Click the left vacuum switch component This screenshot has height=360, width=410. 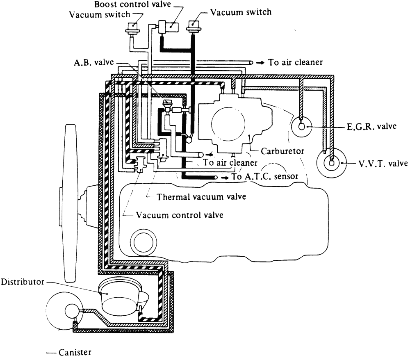click(133, 29)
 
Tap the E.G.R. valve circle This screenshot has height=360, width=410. click(302, 127)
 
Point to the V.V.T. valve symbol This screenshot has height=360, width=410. click(331, 163)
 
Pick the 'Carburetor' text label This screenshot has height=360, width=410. click(282, 151)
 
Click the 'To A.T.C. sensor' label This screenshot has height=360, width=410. click(264, 176)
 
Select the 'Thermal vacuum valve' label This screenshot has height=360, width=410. click(201, 196)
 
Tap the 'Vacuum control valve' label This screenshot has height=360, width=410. click(180, 215)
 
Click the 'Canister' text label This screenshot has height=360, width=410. click(75, 352)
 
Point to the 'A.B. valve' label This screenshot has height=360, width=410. click(94, 62)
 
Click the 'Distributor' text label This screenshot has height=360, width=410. click(23, 282)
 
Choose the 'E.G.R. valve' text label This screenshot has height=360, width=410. click(371, 127)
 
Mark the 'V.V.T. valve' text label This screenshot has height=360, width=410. click(383, 164)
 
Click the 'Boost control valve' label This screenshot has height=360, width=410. click(132, 4)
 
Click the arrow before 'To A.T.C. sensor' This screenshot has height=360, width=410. click(225, 178)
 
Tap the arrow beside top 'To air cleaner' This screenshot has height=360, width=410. click(260, 63)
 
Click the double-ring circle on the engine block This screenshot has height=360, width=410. click(143, 242)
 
